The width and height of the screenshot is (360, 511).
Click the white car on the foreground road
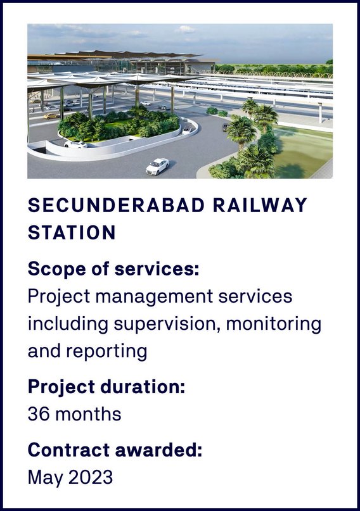click(x=157, y=166)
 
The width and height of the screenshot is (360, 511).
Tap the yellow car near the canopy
click(x=51, y=116)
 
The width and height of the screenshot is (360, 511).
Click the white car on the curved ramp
click(x=75, y=144)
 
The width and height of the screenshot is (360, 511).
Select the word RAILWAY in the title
click(x=260, y=205)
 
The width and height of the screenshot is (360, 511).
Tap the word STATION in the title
click(x=72, y=232)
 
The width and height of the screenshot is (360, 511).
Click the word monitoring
click(x=274, y=325)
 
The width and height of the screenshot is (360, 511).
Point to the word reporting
click(x=106, y=352)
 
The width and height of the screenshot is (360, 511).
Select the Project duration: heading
click(x=106, y=387)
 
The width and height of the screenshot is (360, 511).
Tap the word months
click(x=88, y=414)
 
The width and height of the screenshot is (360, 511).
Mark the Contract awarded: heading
click(x=115, y=450)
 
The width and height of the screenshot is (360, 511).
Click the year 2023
click(x=91, y=477)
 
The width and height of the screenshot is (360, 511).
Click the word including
click(x=68, y=325)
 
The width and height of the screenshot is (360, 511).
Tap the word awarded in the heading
click(x=159, y=450)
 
